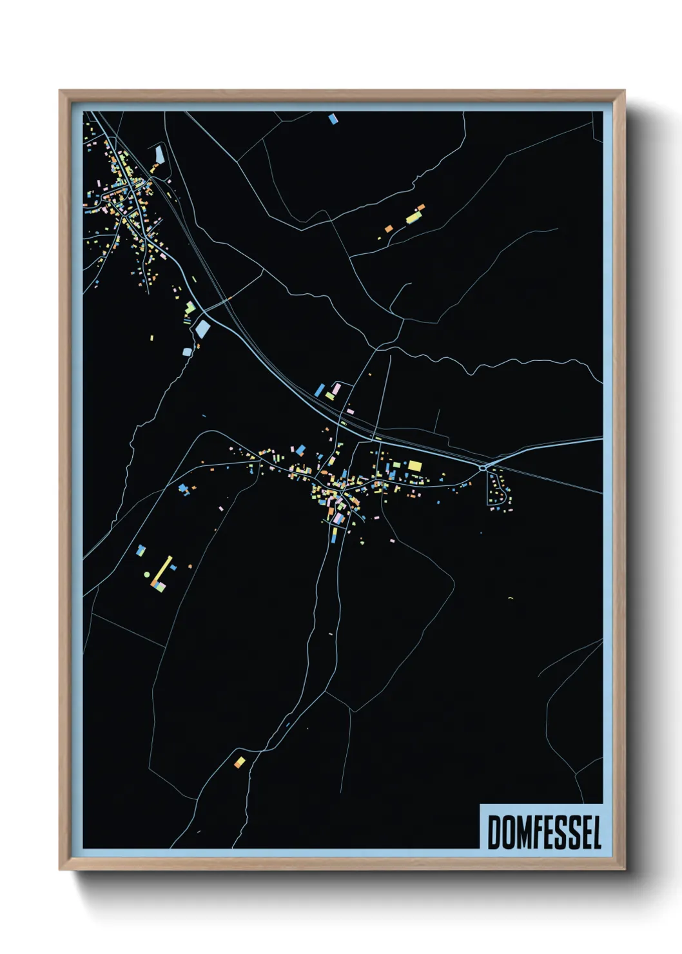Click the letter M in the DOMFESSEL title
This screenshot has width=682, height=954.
tap(523, 832)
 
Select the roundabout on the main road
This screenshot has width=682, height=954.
tap(482, 468)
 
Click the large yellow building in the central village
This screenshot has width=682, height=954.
tap(414, 465)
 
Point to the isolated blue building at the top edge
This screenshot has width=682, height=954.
tap(333, 119)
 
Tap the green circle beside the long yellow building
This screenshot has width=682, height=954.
tap(147, 574)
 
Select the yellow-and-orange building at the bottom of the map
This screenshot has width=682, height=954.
tap(239, 763)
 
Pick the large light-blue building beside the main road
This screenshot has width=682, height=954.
tap(202, 329)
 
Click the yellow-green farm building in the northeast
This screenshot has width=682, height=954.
tap(413, 217)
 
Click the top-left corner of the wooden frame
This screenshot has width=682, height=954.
tap(61, 92)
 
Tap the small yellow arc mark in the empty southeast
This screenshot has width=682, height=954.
tap(510, 598)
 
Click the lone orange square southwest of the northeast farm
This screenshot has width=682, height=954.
tap(388, 229)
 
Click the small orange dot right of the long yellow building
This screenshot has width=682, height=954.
tap(190, 567)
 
